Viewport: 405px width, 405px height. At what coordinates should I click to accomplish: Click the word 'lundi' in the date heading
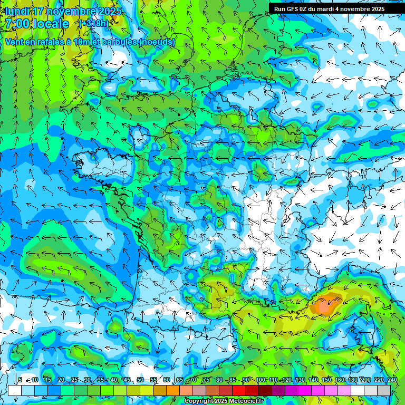[16, 11]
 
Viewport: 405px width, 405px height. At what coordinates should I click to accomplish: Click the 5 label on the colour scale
[20, 380]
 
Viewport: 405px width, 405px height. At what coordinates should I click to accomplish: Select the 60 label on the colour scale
[167, 380]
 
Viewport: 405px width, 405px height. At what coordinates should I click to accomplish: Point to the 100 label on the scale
[260, 380]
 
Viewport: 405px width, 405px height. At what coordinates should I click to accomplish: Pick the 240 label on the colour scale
[392, 380]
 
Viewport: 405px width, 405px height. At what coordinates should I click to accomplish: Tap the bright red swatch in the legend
[239, 391]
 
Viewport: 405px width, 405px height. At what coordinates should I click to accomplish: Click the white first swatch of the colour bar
[15, 391]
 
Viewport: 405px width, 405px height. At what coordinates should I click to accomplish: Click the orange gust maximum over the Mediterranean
[326, 305]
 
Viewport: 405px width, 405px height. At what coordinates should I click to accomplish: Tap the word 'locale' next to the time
[51, 24]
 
